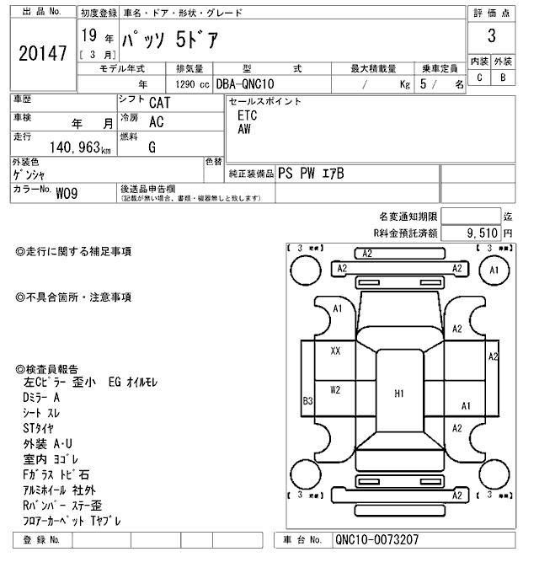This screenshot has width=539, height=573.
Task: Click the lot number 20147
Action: pos(41,54)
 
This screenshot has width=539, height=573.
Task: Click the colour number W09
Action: pos(67,192)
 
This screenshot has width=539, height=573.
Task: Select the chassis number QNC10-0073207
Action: pos(376,540)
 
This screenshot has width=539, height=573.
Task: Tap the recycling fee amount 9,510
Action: pos(478,233)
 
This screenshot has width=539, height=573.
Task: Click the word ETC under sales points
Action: pos(247,115)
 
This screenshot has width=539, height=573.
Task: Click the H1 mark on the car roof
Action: pos(399,393)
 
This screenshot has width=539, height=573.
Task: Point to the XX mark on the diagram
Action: pos(335,351)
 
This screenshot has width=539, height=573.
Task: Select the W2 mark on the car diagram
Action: pos(335,389)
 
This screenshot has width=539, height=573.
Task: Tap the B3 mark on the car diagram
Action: pos(308,402)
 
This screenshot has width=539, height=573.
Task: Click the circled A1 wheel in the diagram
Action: pos(494,270)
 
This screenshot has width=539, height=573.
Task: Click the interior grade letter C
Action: pos(479,78)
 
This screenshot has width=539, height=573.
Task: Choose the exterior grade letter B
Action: pos(503,78)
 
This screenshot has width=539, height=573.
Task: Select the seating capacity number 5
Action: pos(432,84)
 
